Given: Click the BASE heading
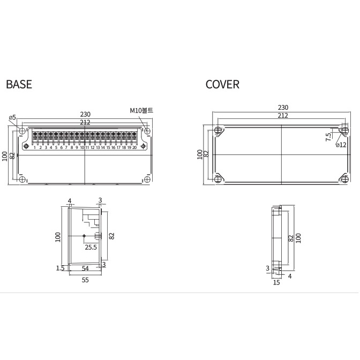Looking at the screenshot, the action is [19, 84].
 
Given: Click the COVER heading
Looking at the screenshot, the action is [222, 84].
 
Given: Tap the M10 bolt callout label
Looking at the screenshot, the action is [141, 110].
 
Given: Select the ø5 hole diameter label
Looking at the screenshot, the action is [12, 117].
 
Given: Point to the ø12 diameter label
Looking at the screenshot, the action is [341, 145].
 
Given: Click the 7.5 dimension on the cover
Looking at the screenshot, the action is [328, 137].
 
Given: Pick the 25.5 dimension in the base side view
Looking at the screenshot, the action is [91, 247].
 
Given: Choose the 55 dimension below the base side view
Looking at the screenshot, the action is [85, 280].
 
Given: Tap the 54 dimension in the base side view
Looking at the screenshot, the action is [85, 268].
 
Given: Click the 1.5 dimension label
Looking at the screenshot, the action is [60, 268].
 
